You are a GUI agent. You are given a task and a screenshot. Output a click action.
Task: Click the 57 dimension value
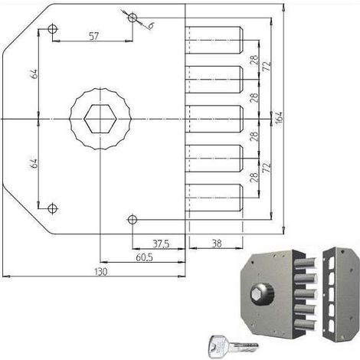pyautogui.click(x=93, y=36)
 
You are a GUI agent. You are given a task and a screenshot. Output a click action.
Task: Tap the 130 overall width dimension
pyautogui.click(x=100, y=272)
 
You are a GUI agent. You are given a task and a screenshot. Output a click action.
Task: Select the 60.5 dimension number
pyautogui.click(x=144, y=257)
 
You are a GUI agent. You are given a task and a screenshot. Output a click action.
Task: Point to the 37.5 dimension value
pyautogui.click(x=161, y=244)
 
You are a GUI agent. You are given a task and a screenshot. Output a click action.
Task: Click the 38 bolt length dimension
pyautogui.click(x=217, y=244)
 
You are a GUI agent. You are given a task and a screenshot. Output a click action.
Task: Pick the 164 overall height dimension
pyautogui.click(x=280, y=118)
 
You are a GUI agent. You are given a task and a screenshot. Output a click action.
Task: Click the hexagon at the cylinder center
pyautogui.click(x=100, y=119)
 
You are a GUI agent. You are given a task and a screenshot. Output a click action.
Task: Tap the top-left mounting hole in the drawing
pyautogui.click(x=53, y=29)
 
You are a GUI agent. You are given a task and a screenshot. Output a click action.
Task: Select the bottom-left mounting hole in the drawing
pyautogui.click(x=53, y=208)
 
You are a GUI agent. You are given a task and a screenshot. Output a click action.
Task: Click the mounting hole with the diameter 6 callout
pyautogui.click(x=133, y=18)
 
